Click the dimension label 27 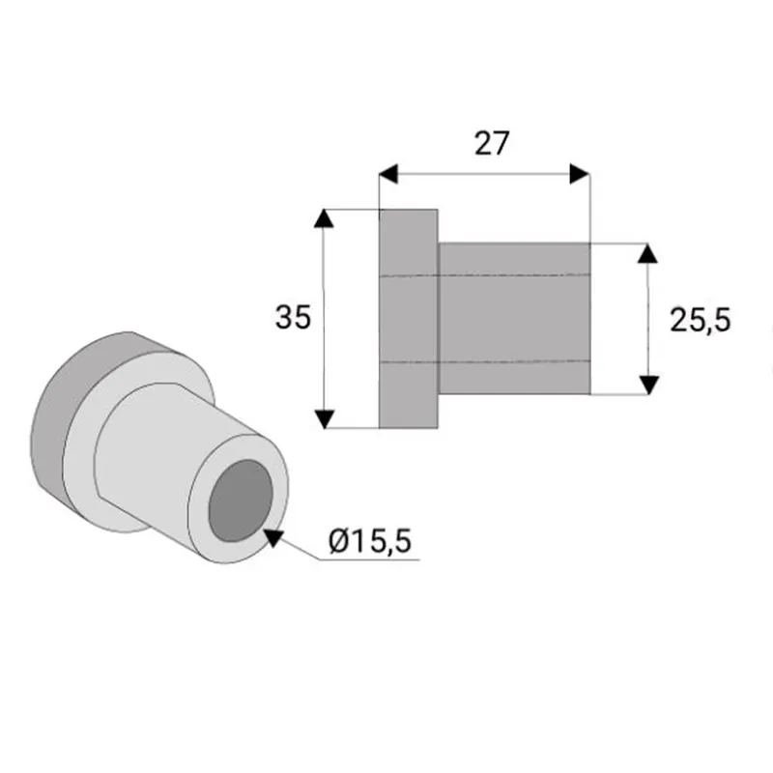click(492, 143)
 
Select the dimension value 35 click(293, 317)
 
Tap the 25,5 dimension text click(700, 321)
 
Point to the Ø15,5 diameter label click(370, 541)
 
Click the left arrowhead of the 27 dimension click(388, 174)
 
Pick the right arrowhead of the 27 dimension click(580, 174)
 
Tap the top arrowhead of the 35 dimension click(324, 218)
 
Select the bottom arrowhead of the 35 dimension click(325, 419)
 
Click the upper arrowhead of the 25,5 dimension click(647, 253)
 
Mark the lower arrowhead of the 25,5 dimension click(648, 385)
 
